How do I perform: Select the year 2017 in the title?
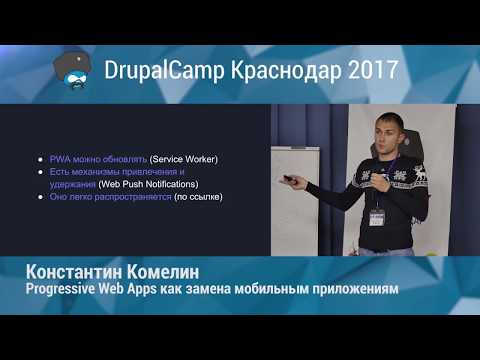(x=371, y=72)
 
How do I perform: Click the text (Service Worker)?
(x=184, y=159)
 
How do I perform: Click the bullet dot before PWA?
(x=39, y=159)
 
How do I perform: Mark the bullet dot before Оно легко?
(x=39, y=197)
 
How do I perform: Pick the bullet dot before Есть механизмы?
(x=39, y=172)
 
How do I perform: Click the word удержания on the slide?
(x=72, y=184)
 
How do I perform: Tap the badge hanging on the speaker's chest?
(x=377, y=216)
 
